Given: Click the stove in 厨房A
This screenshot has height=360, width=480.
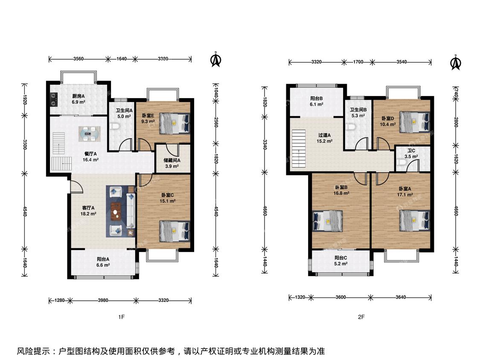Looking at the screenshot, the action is pyautogui.click(x=54, y=99).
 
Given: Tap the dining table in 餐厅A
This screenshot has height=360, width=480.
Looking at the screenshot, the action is pyautogui.click(x=89, y=134).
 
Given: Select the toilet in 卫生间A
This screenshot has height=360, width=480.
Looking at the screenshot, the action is pyautogui.click(x=114, y=126).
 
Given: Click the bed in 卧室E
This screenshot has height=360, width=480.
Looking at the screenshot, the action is pyautogui.click(x=175, y=123).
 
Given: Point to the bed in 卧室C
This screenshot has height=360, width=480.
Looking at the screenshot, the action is pyautogui.click(x=175, y=231).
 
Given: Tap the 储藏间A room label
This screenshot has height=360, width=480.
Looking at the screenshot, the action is pyautogui.click(x=172, y=160).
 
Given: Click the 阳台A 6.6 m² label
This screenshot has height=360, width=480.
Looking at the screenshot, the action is pyautogui.click(x=103, y=262).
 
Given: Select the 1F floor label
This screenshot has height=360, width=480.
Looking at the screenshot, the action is pyautogui.click(x=122, y=317).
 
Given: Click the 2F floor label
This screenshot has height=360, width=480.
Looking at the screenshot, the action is pyautogui.click(x=361, y=317).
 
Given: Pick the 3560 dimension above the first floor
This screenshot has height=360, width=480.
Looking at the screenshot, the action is pyautogui.click(x=79, y=59).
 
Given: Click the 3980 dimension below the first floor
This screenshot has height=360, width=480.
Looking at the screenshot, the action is pyautogui.click(x=103, y=300).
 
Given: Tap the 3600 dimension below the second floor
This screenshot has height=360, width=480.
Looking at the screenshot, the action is pyautogui.click(x=341, y=297).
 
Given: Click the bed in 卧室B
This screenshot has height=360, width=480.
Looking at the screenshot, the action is pyautogui.click(x=327, y=221).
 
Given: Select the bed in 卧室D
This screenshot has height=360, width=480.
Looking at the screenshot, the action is pyautogui.click(x=415, y=122).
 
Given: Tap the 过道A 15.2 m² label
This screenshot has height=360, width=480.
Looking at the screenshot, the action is pyautogui.click(x=325, y=138).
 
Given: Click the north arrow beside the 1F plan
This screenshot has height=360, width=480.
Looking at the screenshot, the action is pyautogui.click(x=216, y=59).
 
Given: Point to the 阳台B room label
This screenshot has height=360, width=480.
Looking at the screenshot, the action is pyautogui.click(x=317, y=98).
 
